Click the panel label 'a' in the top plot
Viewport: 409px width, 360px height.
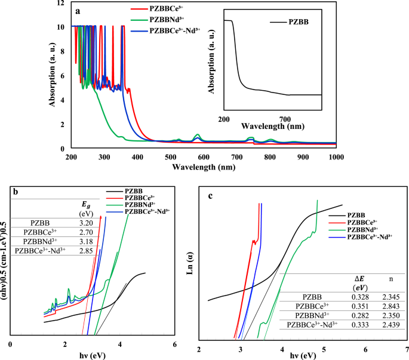78,10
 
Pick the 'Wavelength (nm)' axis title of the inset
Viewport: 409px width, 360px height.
273,127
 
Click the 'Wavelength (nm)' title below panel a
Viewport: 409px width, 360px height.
203,167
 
